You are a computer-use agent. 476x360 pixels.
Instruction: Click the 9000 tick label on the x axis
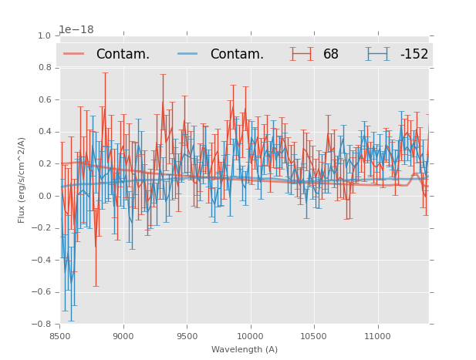click(x=123, y=336)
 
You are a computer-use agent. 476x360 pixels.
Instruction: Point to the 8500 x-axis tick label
click(x=60, y=336)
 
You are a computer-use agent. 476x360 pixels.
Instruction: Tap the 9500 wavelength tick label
click(x=187, y=336)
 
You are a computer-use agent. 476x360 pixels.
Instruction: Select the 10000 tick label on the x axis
click(x=250, y=336)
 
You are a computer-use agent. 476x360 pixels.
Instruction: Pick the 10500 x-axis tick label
click(x=314, y=336)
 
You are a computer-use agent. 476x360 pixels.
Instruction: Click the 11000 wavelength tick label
click(x=377, y=336)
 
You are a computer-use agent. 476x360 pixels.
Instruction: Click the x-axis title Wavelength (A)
click(x=245, y=350)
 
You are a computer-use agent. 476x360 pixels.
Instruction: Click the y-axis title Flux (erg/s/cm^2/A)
click(x=22, y=180)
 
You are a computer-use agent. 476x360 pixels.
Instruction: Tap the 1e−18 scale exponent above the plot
click(x=76, y=29)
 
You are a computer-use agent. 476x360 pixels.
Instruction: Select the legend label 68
click(x=331, y=55)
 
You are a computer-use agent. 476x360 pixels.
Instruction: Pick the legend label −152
click(x=414, y=55)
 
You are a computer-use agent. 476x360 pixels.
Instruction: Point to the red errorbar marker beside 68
click(x=302, y=54)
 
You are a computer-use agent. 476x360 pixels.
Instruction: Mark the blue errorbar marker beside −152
click(x=378, y=54)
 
